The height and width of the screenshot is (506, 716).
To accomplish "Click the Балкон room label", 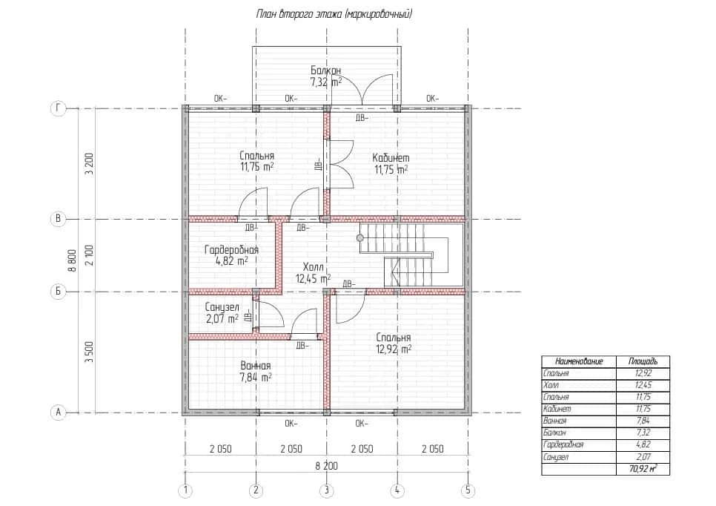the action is click(325, 70).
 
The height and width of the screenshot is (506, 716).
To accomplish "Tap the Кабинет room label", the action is click(391, 158).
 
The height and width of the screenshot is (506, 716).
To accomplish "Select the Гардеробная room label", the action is click(231, 250).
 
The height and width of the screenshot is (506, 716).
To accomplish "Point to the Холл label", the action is click(313, 267).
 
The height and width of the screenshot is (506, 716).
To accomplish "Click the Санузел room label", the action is click(222, 307).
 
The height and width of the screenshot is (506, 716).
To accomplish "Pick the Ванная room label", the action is click(255, 366).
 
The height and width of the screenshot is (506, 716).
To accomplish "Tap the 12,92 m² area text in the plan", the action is click(393, 349).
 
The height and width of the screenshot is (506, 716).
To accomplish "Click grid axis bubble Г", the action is click(58, 109).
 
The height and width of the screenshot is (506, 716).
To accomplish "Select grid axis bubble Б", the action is click(58, 291).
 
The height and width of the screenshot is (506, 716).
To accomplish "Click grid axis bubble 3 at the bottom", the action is click(326, 490).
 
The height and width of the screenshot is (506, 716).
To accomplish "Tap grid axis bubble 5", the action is click(468, 490).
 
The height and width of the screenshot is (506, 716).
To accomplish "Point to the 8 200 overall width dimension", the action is click(326, 466).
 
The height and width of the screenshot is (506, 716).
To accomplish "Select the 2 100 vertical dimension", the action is click(90, 255).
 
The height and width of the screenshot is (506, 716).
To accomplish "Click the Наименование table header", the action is click(579, 361).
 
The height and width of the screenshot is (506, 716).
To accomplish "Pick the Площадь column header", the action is click(643, 361).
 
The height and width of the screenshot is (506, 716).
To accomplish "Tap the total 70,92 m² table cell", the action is click(643, 468).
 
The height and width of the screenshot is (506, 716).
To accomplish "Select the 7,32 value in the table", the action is click(643, 433).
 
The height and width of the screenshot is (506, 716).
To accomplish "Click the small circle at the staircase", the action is click(359, 238).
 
